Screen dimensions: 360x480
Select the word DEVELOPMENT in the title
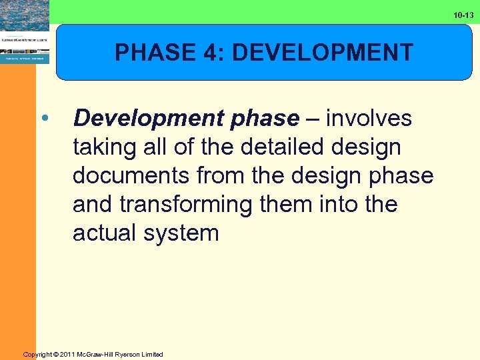(x=322, y=52)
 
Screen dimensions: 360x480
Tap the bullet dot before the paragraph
(x=44, y=119)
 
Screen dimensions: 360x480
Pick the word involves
(x=369, y=119)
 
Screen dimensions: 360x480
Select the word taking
(x=104, y=147)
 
